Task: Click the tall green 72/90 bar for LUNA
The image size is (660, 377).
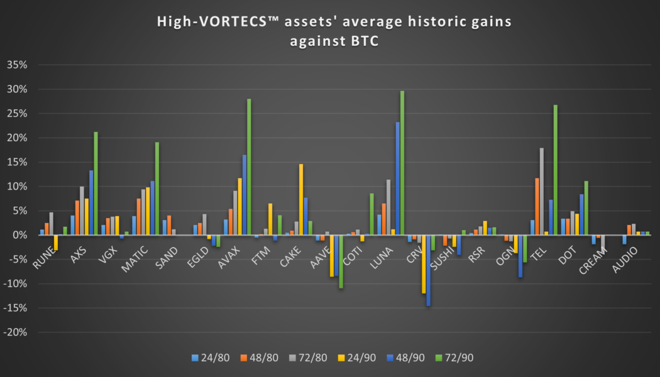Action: [x=402, y=163]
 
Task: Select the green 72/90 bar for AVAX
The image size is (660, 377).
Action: [x=249, y=167]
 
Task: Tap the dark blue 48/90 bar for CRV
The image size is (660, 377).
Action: [x=429, y=270]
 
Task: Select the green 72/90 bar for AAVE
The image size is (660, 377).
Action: [x=341, y=261]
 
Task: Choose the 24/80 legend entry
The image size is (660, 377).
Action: [x=208, y=358]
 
